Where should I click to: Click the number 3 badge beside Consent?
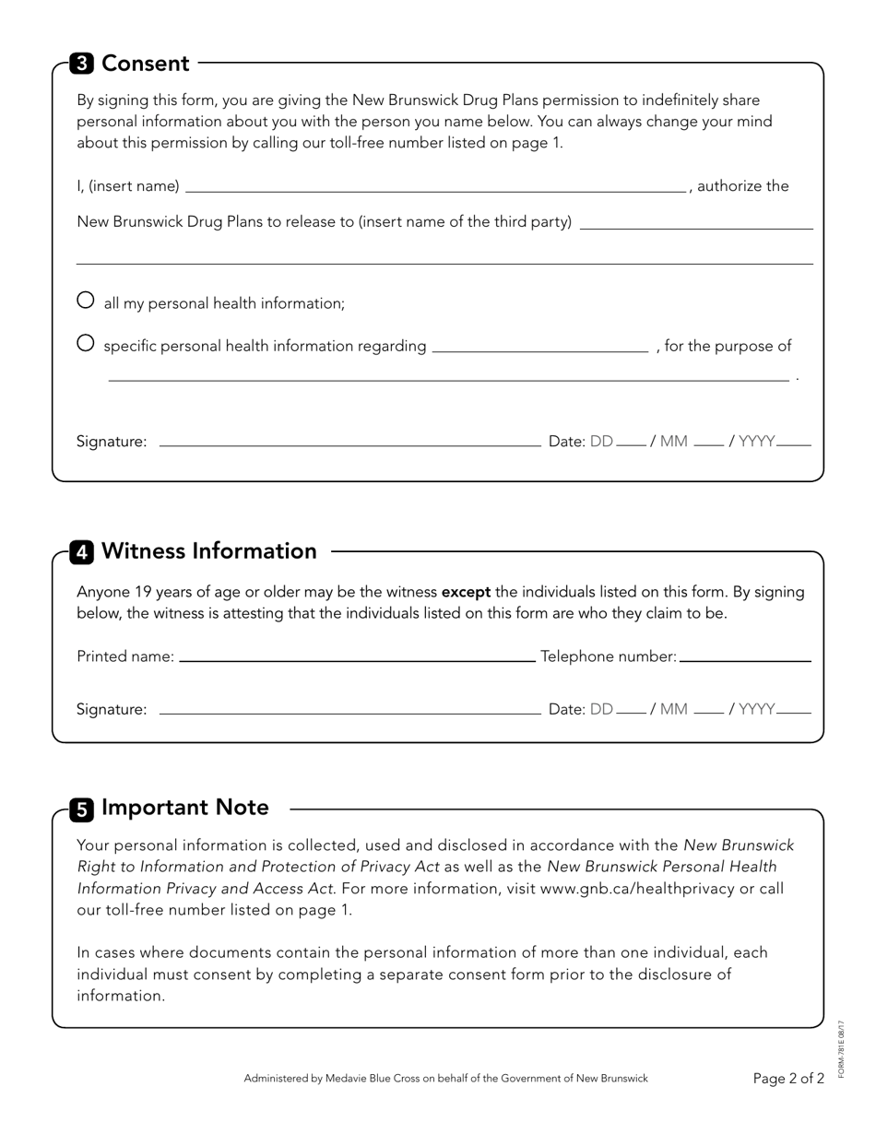click(81, 64)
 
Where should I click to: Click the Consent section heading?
click(146, 64)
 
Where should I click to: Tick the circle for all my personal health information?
click(85, 300)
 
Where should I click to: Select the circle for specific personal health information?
click(85, 343)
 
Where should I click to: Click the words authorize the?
click(743, 186)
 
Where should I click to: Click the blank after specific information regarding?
click(539, 348)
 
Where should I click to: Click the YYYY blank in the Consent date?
click(794, 443)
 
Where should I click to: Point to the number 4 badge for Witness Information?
click(81, 552)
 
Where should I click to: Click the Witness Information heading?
click(209, 551)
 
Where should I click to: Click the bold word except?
click(466, 592)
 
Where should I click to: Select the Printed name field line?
click(356, 658)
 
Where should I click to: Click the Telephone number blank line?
click(744, 658)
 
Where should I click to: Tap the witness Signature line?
click(349, 711)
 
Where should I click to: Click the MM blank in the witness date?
click(708, 711)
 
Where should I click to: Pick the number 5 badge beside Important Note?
click(81, 809)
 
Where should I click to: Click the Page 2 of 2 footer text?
click(788, 1079)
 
